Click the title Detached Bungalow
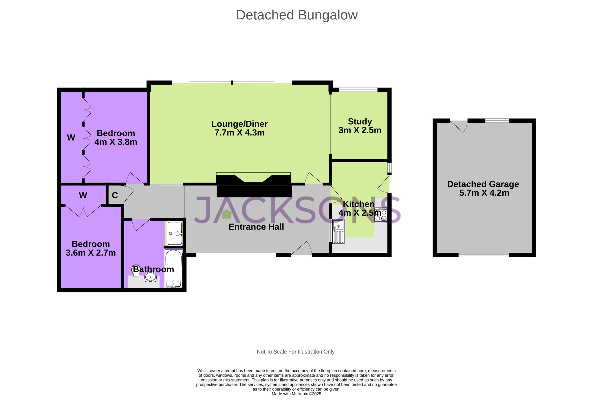296,15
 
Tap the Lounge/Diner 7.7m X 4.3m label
239,128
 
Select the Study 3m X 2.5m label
360,126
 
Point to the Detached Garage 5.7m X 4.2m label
483,188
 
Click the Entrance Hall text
256,227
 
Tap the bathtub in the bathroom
173,269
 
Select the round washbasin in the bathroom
150,278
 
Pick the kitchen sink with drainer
338,232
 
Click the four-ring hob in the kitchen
380,215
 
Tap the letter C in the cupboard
115,196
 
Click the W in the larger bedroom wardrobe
71,138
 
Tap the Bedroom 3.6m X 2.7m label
91,248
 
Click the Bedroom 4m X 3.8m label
116,138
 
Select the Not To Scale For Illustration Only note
295,352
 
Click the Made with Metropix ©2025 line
296,394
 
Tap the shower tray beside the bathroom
175,233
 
